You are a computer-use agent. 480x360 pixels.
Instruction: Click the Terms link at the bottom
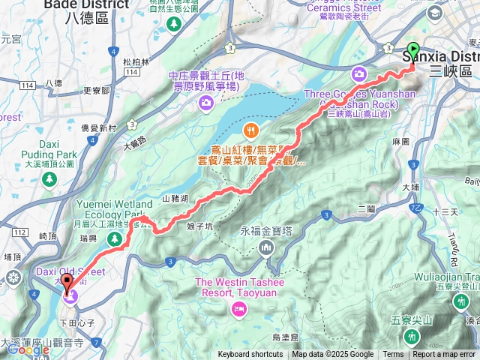click(x=393, y=355)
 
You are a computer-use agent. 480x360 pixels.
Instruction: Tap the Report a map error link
click(x=445, y=355)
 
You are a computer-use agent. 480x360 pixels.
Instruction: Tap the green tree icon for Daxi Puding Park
click(x=49, y=179)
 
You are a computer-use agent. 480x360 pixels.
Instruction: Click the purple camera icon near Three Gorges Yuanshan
click(x=358, y=73)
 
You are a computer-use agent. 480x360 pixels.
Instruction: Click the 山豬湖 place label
click(x=176, y=199)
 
